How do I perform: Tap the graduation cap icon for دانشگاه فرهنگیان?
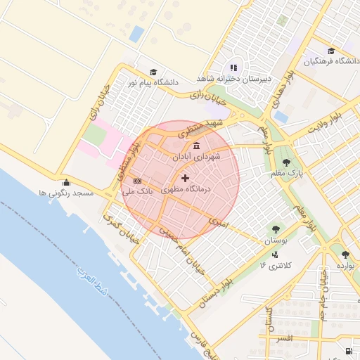(331, 51)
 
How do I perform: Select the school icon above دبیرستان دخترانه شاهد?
(234, 67)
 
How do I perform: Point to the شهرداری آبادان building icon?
(195, 146)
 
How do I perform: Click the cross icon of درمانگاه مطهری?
(185, 179)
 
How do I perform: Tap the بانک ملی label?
(136, 191)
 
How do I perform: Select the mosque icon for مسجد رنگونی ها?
(66, 181)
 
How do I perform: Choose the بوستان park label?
(275, 240)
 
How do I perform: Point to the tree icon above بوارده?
(345, 255)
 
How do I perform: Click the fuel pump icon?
(349, 351)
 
